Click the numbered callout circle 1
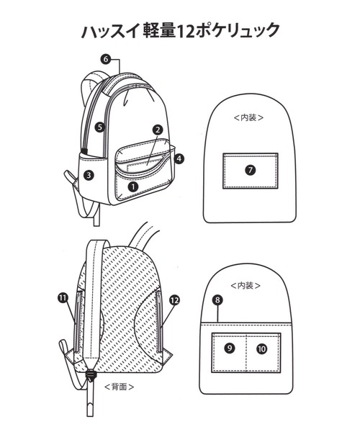(133, 186)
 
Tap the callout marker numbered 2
(158, 130)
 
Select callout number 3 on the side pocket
(89, 175)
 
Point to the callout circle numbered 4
(179, 158)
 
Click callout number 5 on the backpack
(100, 127)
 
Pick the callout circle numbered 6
(106, 59)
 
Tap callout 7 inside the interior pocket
(250, 170)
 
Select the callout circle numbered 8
(217, 300)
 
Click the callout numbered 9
(230, 348)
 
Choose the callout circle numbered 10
(261, 349)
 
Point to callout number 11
(63, 298)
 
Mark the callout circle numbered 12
(175, 300)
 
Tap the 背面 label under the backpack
(120, 387)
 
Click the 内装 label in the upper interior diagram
(248, 117)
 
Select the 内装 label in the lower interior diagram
(246, 285)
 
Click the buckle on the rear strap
(90, 374)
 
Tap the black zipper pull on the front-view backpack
(84, 151)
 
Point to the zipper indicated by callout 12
(159, 322)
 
